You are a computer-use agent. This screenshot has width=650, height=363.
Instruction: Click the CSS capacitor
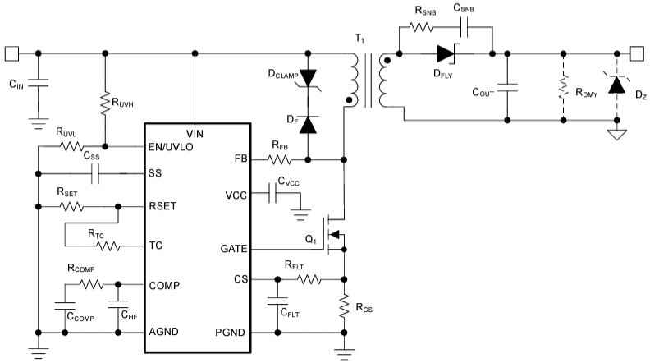[x=96, y=174]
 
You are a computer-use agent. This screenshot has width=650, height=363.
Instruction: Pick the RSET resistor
[x=72, y=205]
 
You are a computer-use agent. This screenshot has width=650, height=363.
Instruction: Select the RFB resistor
[x=280, y=159]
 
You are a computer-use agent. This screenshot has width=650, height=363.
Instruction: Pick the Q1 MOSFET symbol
[x=335, y=232]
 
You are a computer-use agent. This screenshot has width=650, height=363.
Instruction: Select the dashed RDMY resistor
[x=563, y=85]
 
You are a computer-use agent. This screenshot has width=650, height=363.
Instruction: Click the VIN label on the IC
[x=197, y=132]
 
